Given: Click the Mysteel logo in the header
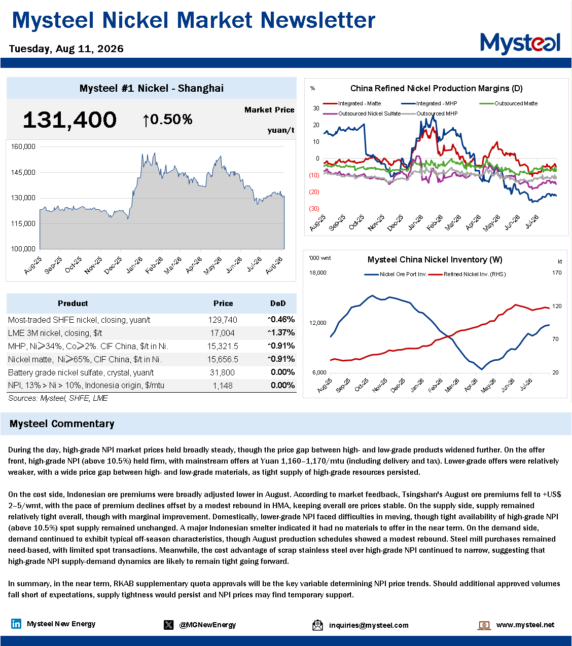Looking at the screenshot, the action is tap(520, 44).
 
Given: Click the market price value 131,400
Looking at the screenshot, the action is tap(69, 120).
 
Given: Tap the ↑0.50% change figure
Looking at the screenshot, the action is tap(167, 120).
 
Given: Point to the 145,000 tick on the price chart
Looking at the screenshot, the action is tap(23, 172).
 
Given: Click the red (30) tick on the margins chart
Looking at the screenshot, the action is tap(314, 209).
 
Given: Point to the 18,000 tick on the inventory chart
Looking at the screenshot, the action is tap(317, 273).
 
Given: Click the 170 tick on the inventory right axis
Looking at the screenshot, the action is tap(557, 273).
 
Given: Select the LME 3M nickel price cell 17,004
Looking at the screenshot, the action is tap(222, 333).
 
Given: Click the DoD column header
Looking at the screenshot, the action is tap(278, 303).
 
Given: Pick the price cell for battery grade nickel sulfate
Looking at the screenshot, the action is tap(222, 372).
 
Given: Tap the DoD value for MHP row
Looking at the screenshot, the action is tap(281, 346).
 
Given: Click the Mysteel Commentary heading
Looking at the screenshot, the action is tap(62, 424).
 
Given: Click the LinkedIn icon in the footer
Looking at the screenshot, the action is tap(16, 624).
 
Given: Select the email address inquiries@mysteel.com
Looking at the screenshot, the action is tap(369, 625).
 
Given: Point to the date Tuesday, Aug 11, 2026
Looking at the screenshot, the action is tap(66, 49).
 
